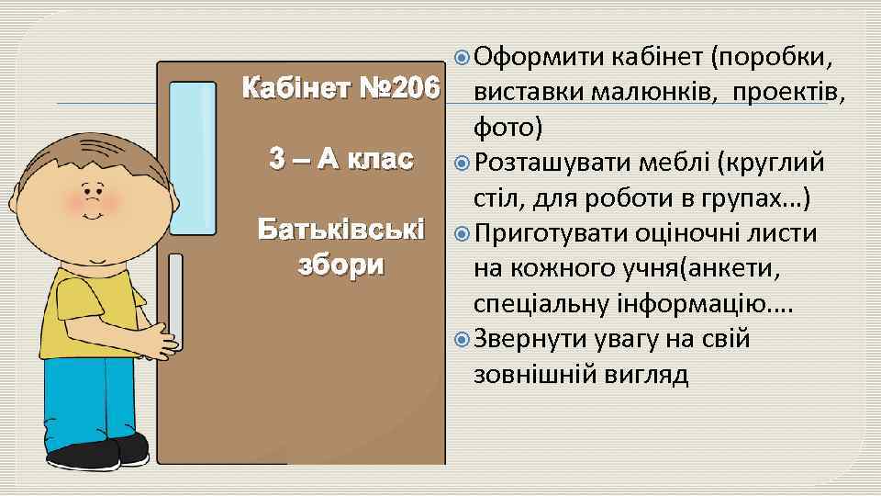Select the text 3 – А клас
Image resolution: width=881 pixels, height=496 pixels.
coord(336,158)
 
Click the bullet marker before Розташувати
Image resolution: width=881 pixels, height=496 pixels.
coord(462,164)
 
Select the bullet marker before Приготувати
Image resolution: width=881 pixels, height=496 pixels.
coord(462,234)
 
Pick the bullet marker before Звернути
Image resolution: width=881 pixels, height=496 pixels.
coord(462,340)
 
